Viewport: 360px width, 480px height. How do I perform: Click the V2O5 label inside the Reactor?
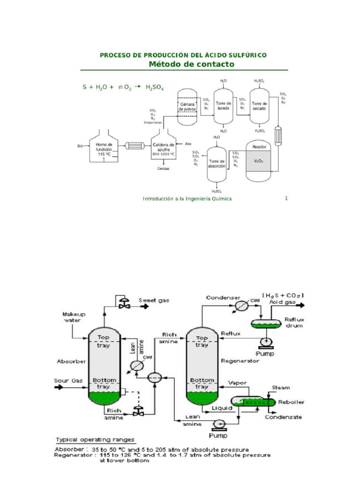(259, 161)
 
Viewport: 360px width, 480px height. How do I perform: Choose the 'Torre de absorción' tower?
(217, 164)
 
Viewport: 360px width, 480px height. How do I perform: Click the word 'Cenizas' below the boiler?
(163, 168)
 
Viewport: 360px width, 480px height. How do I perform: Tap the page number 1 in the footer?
(286, 198)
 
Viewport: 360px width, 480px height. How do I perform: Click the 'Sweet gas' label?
(154, 300)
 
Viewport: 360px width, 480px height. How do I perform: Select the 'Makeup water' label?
(72, 317)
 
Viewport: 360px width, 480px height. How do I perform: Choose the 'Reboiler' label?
(291, 402)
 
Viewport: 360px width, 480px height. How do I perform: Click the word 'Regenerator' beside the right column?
(240, 361)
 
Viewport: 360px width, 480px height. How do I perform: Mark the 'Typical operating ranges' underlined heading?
(95, 440)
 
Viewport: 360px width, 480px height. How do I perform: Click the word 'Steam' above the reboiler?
(281, 388)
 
